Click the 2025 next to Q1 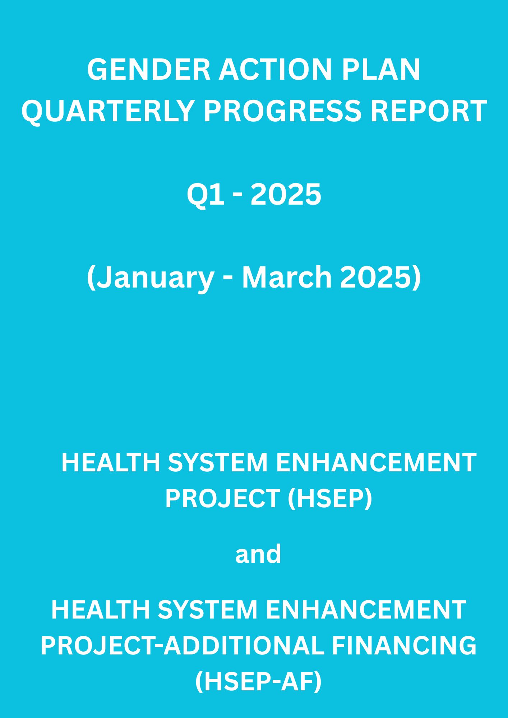286,194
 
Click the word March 287,278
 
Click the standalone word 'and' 258,554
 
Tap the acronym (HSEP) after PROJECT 330,499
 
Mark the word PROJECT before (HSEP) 223,498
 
